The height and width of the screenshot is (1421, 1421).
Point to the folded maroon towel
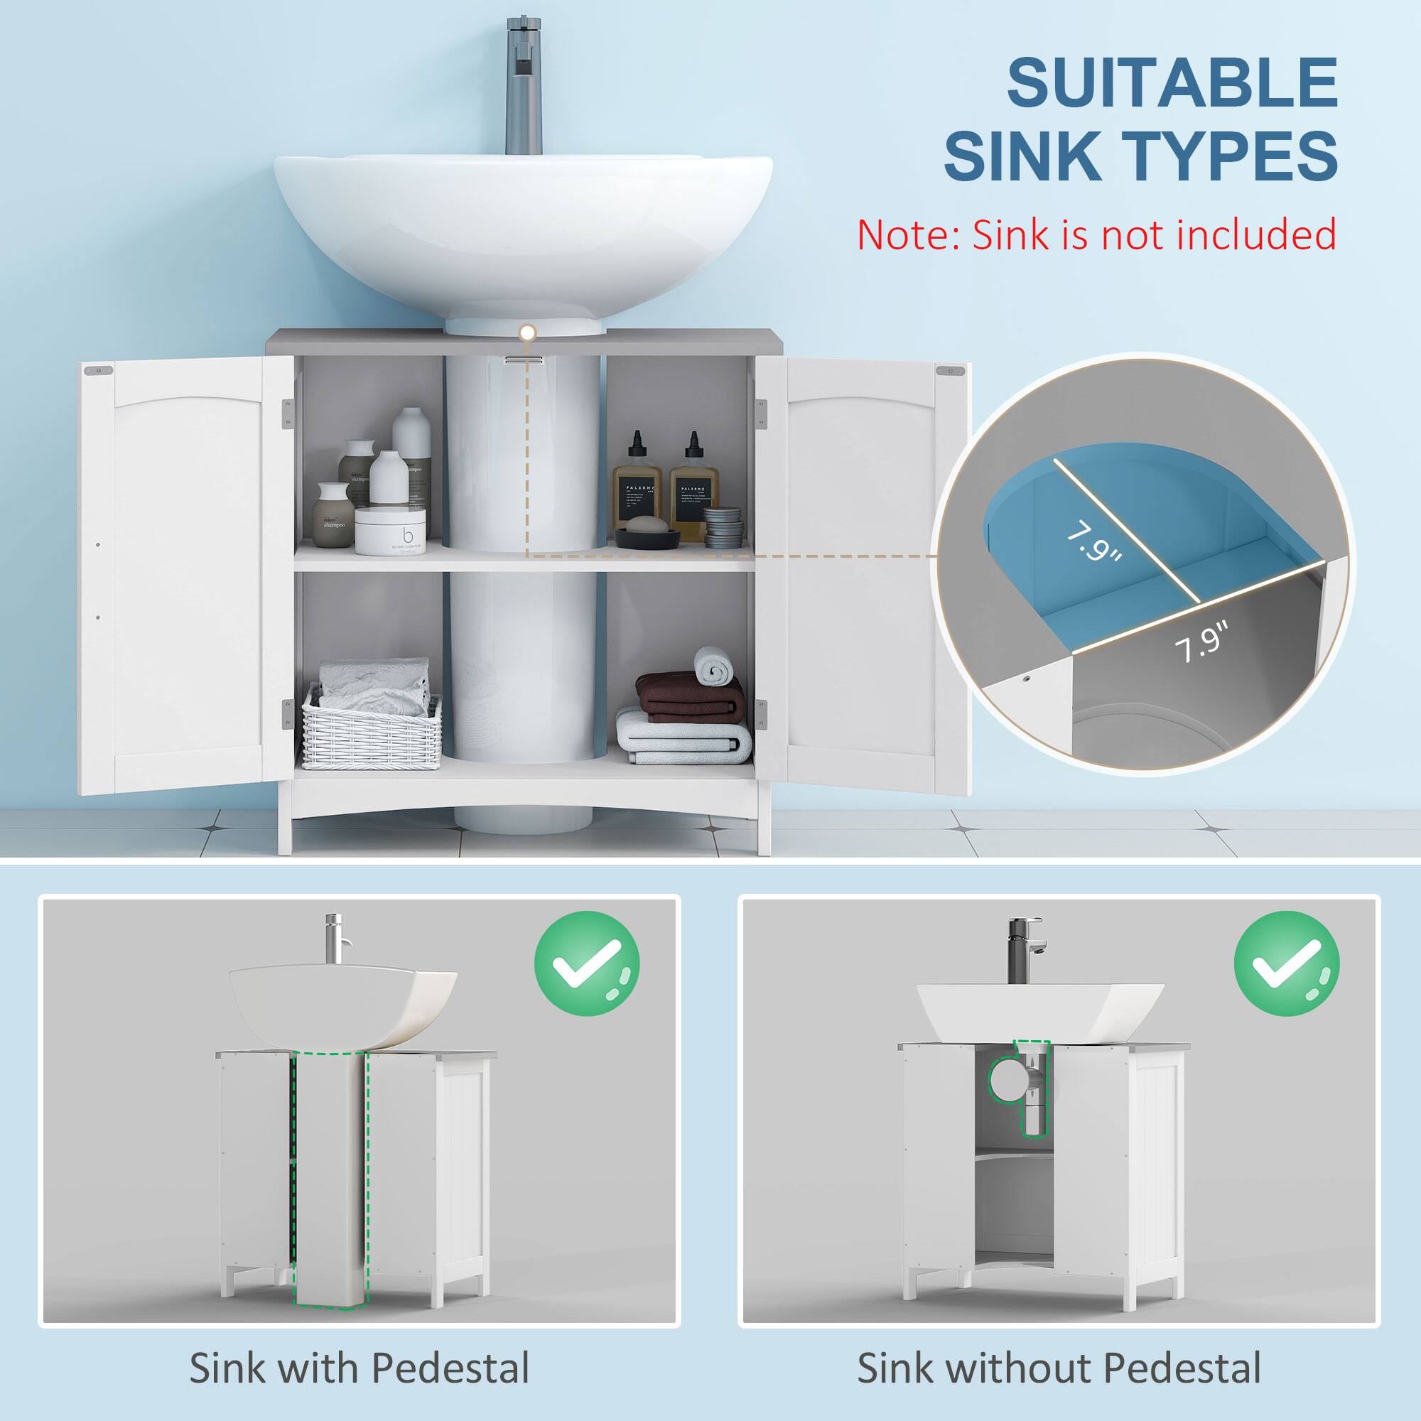(688, 696)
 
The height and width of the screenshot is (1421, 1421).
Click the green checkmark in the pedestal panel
(586, 963)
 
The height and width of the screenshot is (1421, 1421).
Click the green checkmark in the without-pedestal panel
(1287, 963)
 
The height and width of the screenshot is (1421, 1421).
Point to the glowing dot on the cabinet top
(525, 333)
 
